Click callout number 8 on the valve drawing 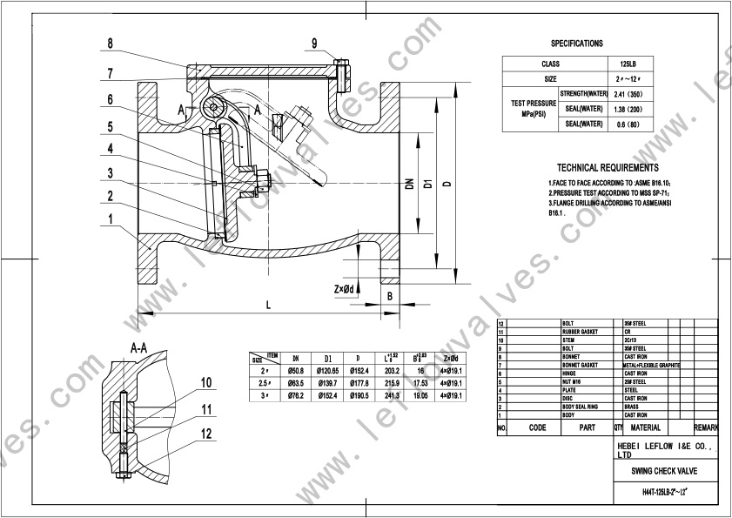(111, 44)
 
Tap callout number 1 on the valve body (111, 219)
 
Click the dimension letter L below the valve (268, 304)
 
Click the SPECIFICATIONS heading (576, 43)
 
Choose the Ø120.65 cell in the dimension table (328, 369)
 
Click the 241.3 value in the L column (392, 395)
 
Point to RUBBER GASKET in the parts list (581, 332)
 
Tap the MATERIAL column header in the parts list (646, 427)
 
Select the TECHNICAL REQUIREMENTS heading (608, 168)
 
